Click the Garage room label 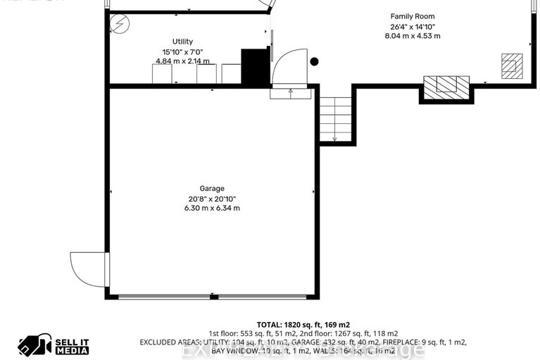[211, 188]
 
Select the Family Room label [412, 16]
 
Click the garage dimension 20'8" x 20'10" [211, 198]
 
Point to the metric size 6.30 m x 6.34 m [211, 208]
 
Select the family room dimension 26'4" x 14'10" [412, 26]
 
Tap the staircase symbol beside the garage [336, 118]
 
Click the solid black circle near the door [315, 62]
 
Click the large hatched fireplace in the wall [446, 87]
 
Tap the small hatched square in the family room [512, 64]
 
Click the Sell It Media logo [54, 345]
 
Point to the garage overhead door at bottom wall [211, 297]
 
